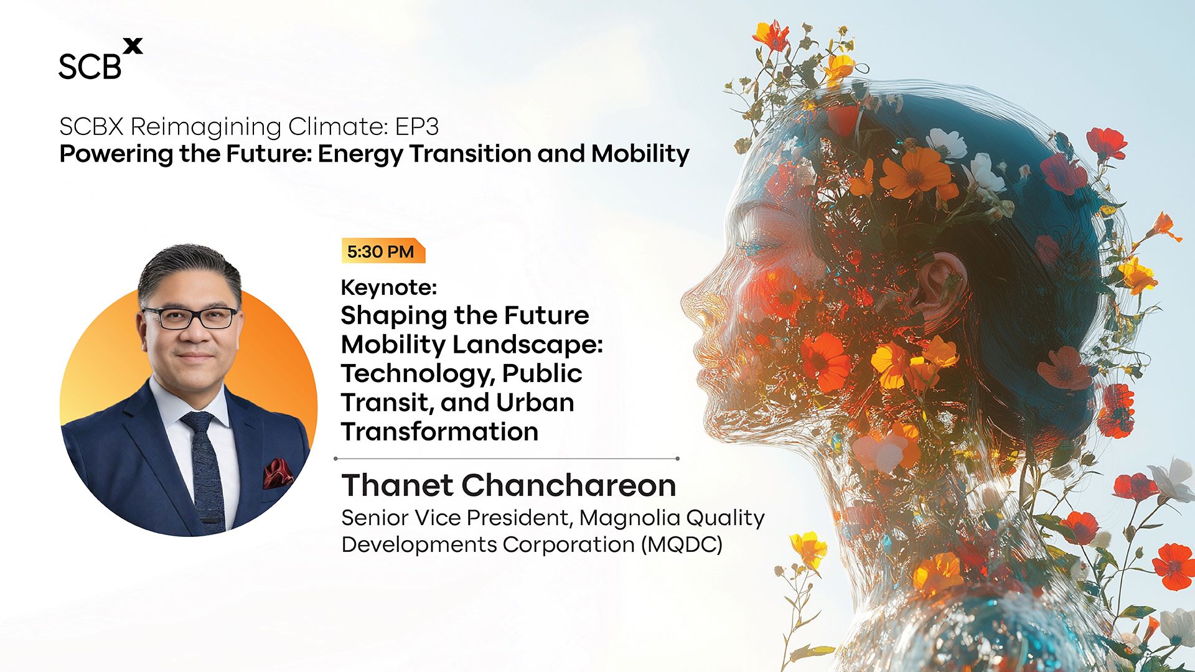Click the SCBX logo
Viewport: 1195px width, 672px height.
coord(101,59)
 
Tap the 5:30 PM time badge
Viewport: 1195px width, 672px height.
coord(383,251)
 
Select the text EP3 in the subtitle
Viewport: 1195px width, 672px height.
coord(417,126)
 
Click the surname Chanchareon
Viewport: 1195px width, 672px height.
coord(569,485)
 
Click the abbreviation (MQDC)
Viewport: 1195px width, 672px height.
coord(682,544)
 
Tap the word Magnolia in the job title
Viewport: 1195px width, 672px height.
coord(630,518)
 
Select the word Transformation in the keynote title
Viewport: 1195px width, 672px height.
coord(439,431)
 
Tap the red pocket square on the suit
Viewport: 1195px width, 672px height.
coord(276,474)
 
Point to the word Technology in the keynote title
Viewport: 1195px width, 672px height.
coord(418,374)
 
